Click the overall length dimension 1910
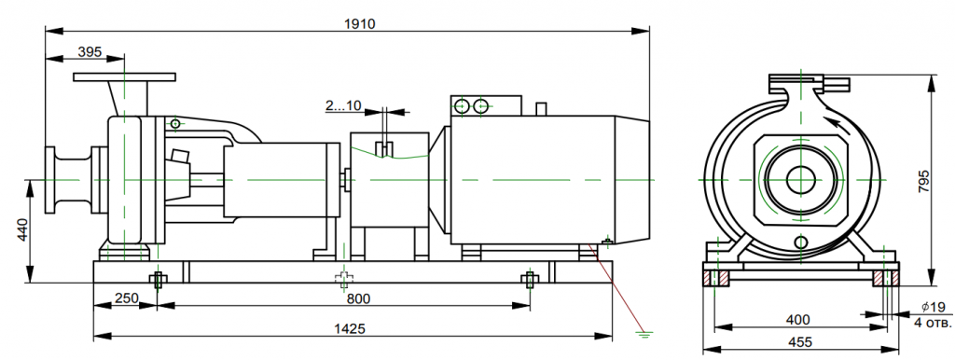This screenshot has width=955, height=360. pos(360,23)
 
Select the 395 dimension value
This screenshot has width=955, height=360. pos(90,52)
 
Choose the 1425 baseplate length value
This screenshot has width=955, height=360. pos(350,329)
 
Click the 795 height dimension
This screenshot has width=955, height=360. pos(924,182)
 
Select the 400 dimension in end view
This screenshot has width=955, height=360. pos(798,319)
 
